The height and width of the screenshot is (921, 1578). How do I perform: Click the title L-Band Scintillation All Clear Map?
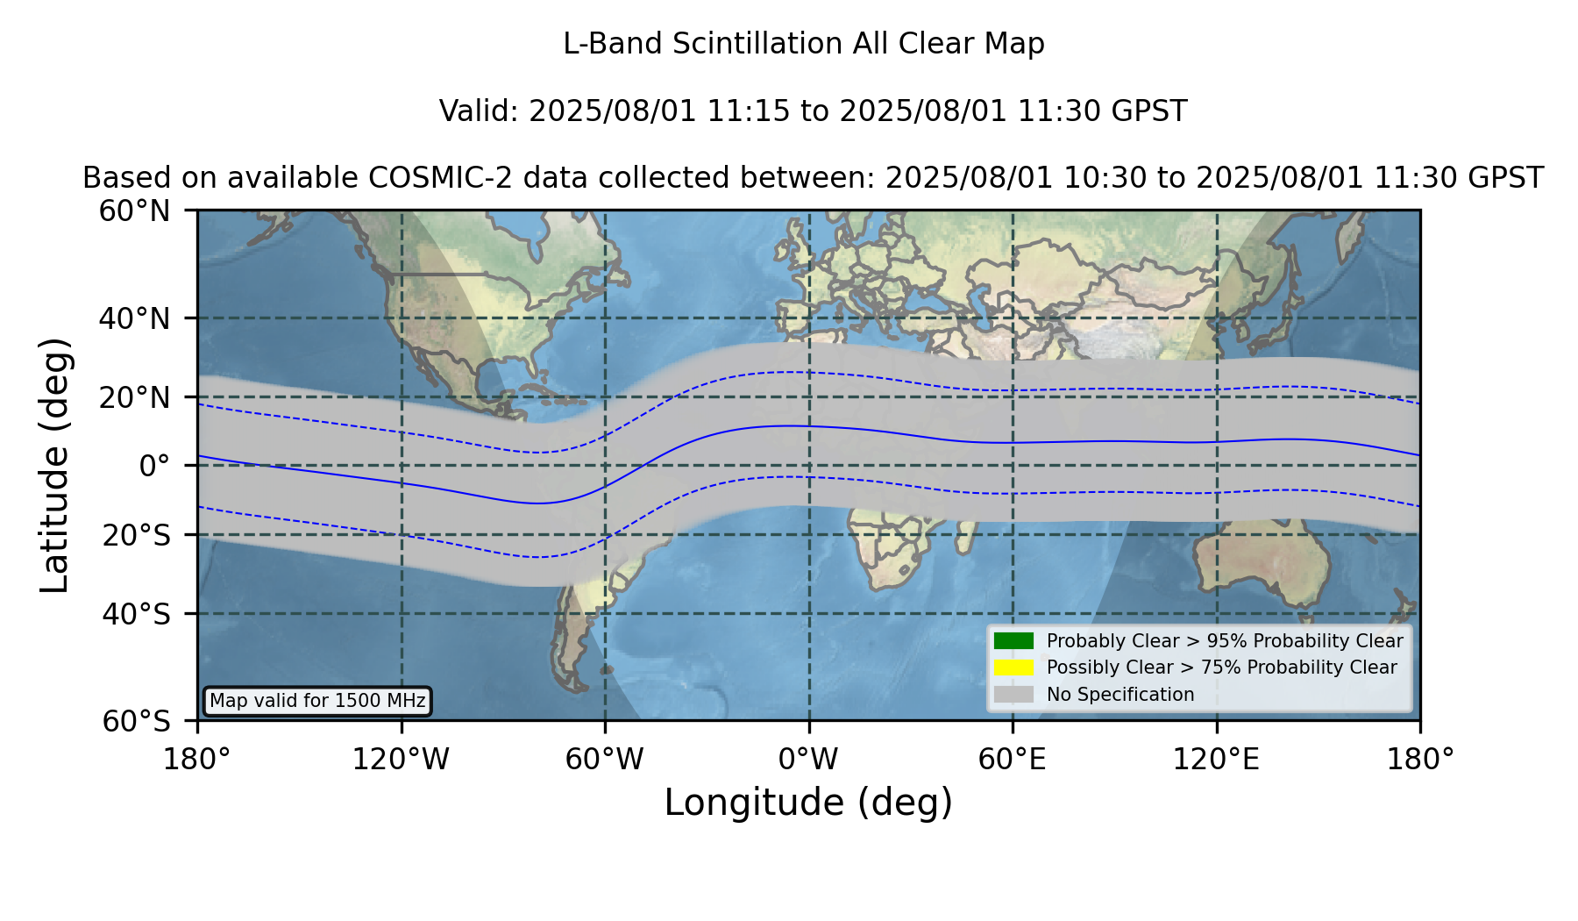804,44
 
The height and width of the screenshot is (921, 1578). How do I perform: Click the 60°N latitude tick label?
134,211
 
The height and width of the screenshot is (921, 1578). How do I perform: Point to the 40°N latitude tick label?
134,318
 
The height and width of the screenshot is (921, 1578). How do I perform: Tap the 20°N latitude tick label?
134,397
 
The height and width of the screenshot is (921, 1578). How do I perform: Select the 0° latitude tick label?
154,466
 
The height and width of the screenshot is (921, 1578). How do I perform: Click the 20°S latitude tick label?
136,535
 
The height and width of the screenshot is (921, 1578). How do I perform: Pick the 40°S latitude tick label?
136,614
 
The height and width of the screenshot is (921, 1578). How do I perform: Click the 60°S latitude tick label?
136,721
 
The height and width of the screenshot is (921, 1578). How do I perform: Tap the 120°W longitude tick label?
401,759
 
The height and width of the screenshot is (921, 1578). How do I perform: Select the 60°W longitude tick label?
605,759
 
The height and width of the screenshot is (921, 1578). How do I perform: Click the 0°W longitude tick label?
808,759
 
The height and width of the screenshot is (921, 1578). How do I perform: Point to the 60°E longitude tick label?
1013,759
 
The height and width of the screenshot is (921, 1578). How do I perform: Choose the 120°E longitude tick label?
1216,759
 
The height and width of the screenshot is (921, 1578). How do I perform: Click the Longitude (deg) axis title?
808,803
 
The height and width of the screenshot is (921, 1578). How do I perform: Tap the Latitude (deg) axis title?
54,465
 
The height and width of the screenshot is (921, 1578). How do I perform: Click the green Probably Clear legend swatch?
1014,641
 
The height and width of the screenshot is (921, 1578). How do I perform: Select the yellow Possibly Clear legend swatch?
1014,668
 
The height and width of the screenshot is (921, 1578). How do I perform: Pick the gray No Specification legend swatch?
1014,695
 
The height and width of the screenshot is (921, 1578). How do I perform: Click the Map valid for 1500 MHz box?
317,701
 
